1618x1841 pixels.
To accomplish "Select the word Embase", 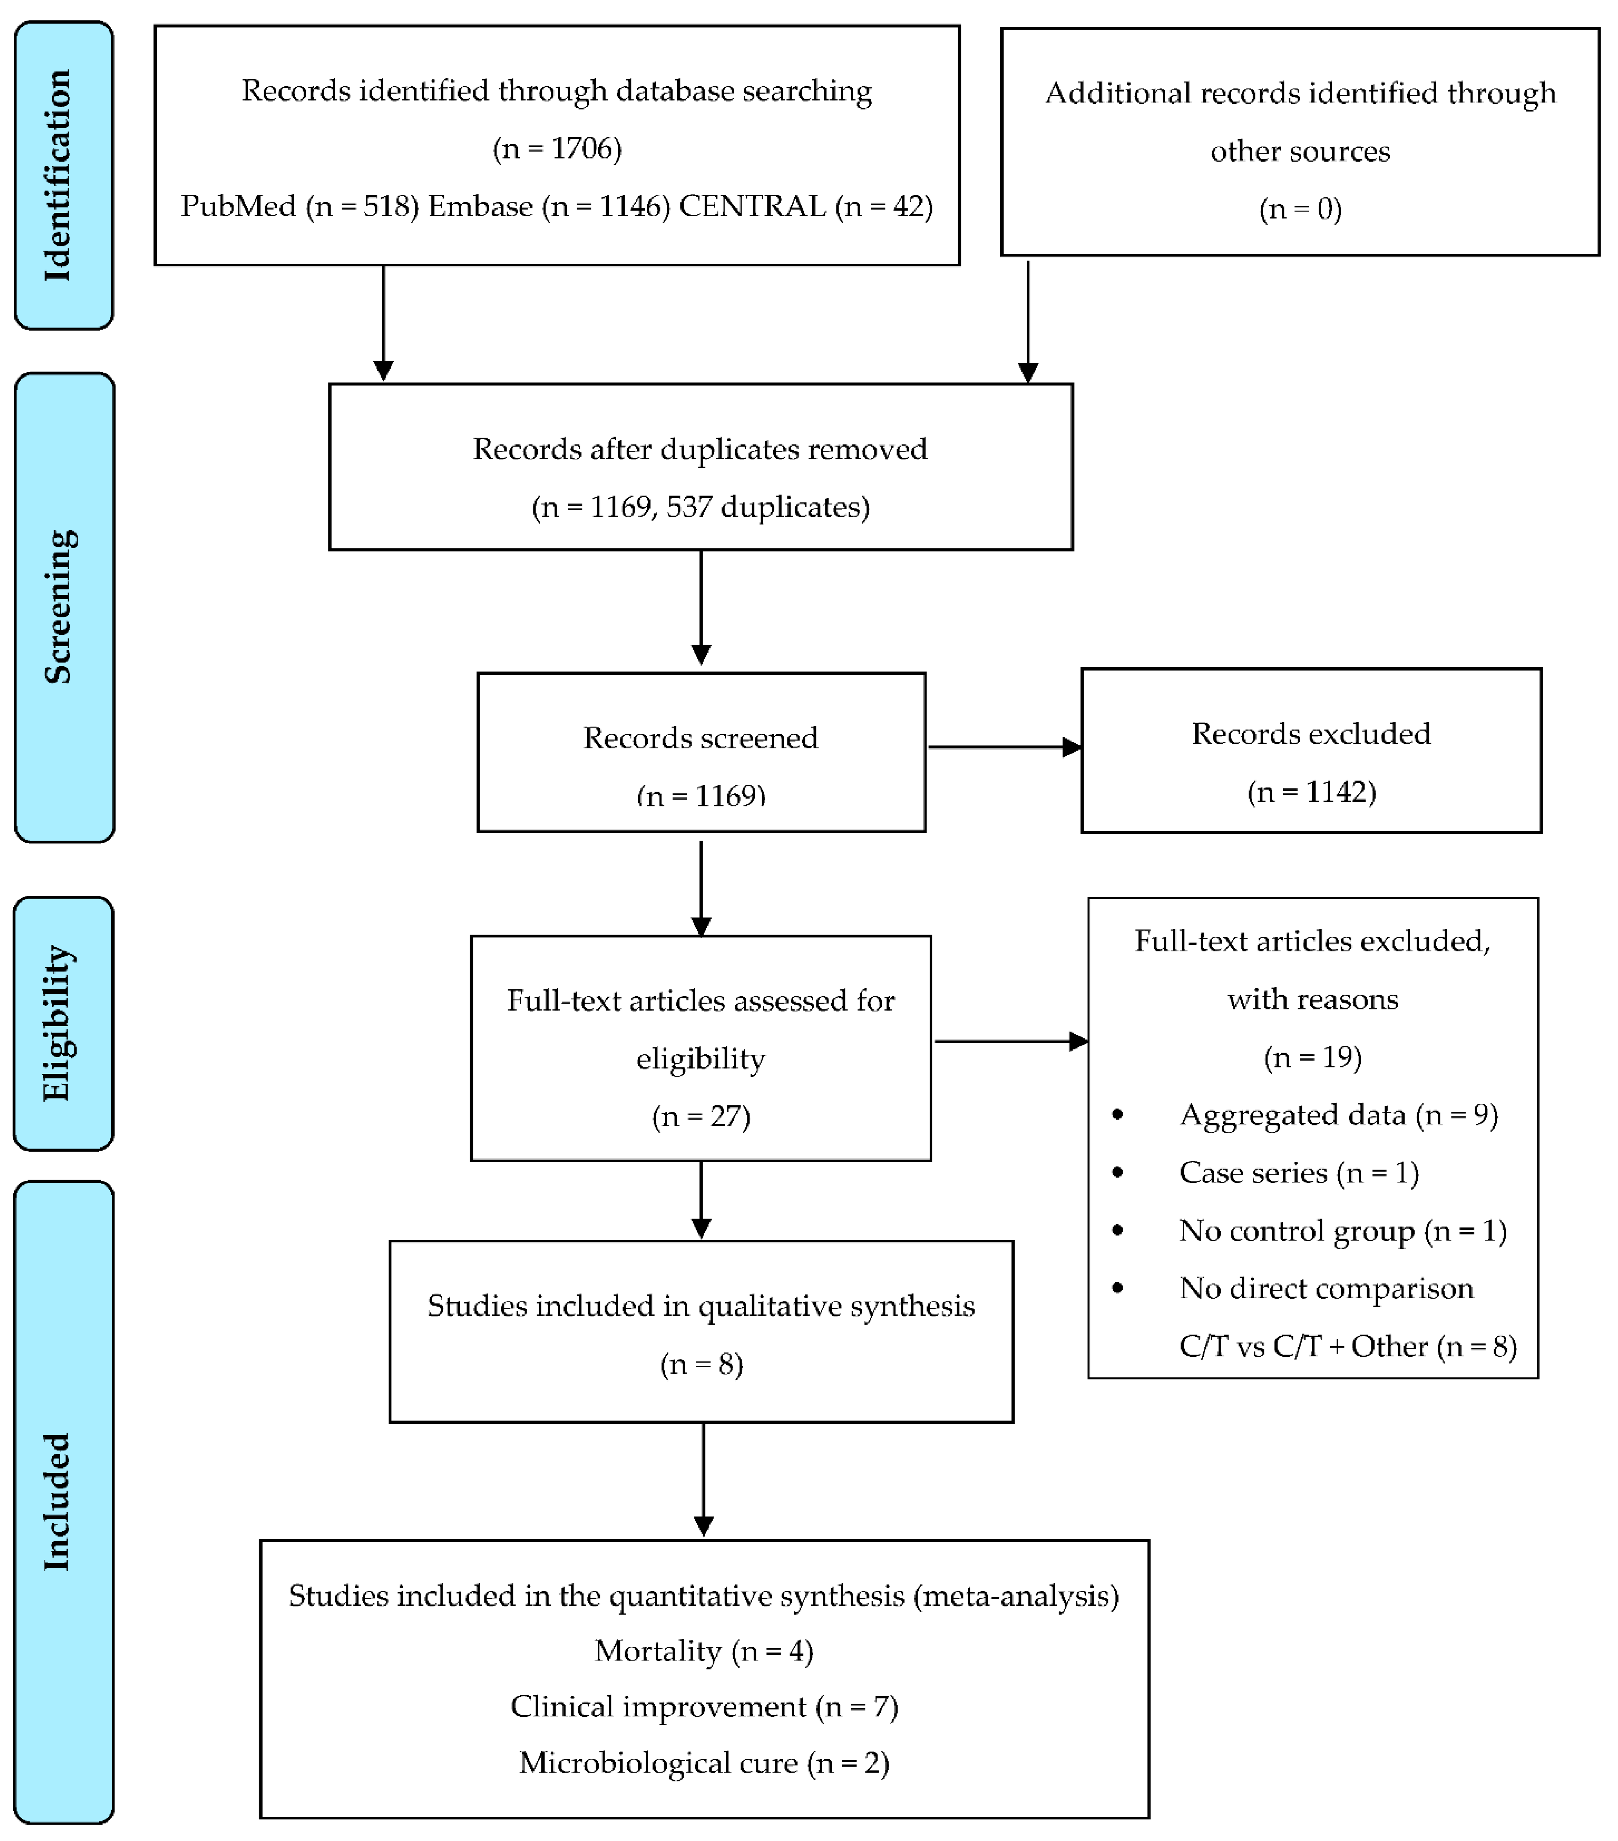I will coord(480,206).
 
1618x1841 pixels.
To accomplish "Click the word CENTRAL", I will coord(752,206).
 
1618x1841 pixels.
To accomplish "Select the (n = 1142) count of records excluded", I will coord(1311,792).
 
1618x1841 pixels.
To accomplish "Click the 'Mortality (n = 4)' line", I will coord(703,1651).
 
